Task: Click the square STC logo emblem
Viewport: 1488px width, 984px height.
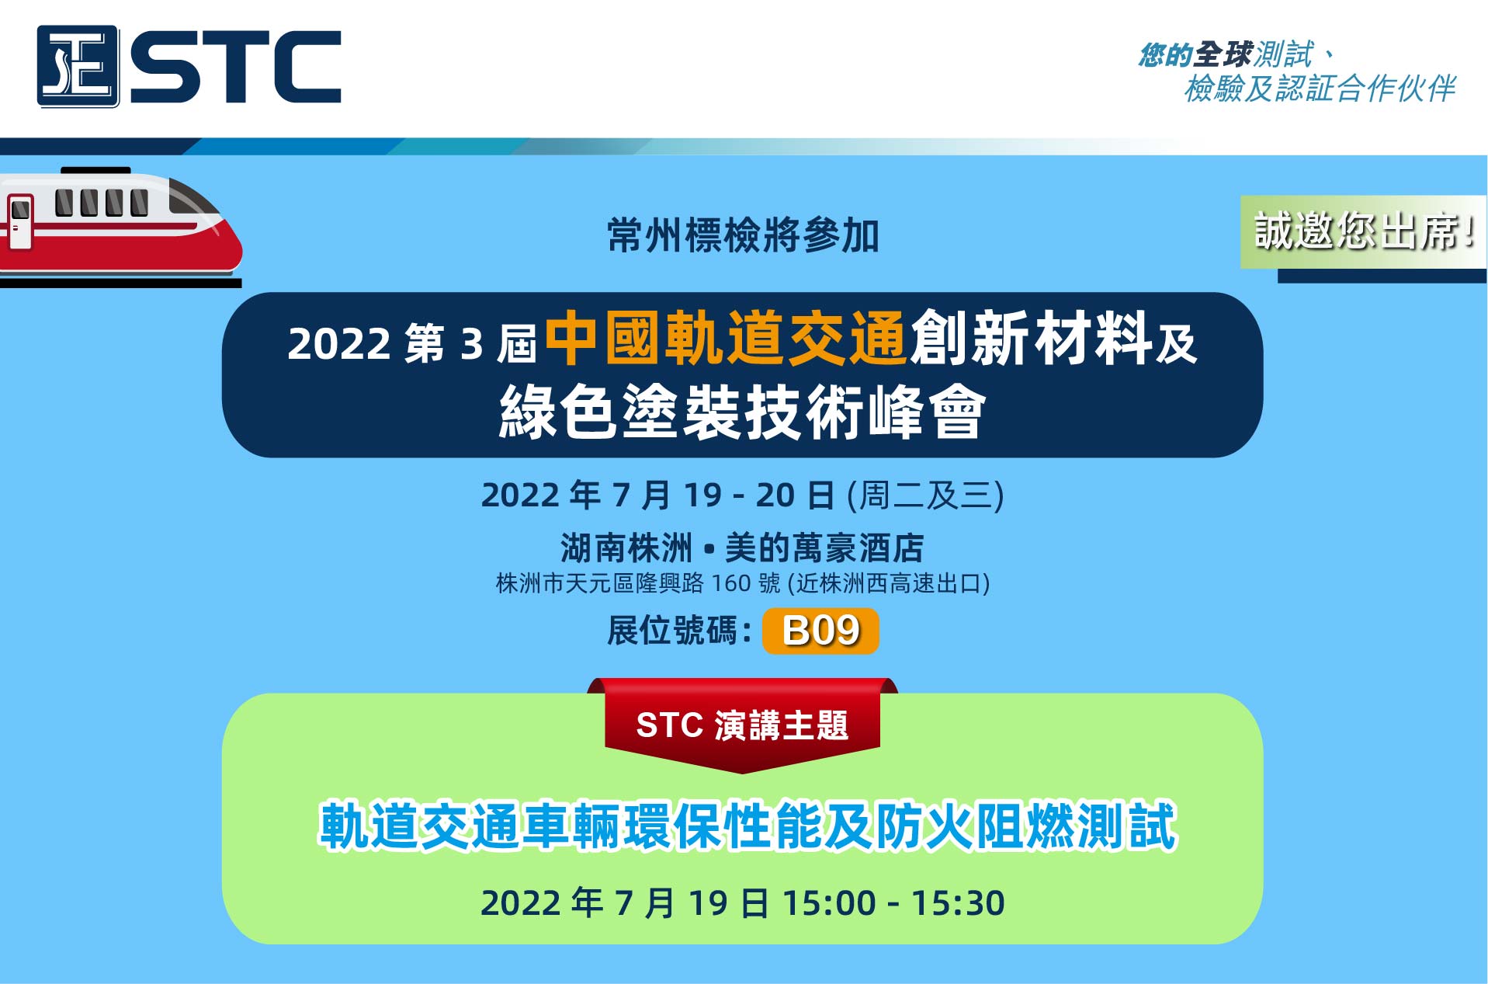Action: pyautogui.click(x=78, y=66)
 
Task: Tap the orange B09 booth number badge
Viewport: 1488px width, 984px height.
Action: pyautogui.click(x=820, y=631)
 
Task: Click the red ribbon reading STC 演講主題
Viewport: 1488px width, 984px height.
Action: pyautogui.click(x=742, y=725)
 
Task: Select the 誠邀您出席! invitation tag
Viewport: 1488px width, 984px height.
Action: pyautogui.click(x=1363, y=231)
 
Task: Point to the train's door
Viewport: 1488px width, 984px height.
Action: pyautogui.click(x=20, y=221)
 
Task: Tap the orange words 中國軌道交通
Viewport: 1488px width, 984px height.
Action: pyautogui.click(x=726, y=339)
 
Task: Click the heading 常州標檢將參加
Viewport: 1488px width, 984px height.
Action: pyautogui.click(x=743, y=235)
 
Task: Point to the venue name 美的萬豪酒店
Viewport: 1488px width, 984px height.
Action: pyautogui.click(x=824, y=548)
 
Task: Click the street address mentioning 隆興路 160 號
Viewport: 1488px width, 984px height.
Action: pyautogui.click(x=742, y=583)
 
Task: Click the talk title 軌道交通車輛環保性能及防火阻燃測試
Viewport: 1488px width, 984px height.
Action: pyautogui.click(x=747, y=826)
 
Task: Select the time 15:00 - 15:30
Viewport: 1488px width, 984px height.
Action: pyautogui.click(x=893, y=903)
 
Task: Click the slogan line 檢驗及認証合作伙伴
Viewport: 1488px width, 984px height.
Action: pyautogui.click(x=1320, y=89)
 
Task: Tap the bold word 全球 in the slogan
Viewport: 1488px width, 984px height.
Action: pyautogui.click(x=1223, y=54)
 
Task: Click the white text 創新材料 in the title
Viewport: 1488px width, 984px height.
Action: pyautogui.click(x=1031, y=339)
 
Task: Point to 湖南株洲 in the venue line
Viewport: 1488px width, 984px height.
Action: pyautogui.click(x=626, y=548)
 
